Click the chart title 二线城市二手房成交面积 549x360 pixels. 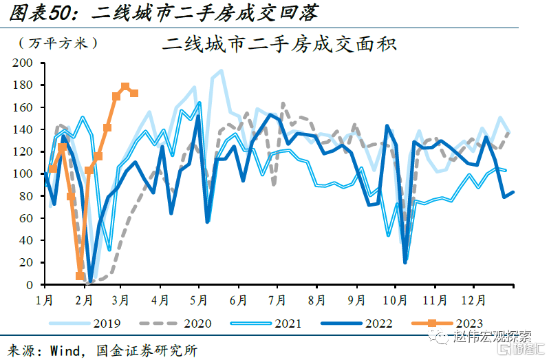click(x=279, y=45)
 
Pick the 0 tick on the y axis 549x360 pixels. click(x=29, y=285)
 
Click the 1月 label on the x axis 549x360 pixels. click(x=45, y=300)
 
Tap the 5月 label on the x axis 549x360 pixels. click(x=199, y=300)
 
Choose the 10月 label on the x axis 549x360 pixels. click(x=394, y=300)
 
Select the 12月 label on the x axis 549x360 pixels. click(x=473, y=300)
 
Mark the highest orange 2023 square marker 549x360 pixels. click(x=125, y=87)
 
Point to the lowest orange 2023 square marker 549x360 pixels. click(x=80, y=276)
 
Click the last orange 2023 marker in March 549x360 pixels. click(x=134, y=94)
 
